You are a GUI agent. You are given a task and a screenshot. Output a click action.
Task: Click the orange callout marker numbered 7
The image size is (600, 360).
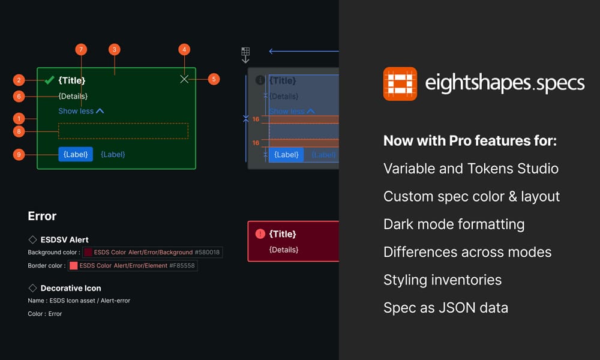pos(82,49)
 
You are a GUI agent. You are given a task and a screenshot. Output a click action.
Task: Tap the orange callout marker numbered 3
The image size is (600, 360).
pos(115,49)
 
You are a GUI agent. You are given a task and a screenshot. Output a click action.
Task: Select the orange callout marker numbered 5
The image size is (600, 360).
pos(214,79)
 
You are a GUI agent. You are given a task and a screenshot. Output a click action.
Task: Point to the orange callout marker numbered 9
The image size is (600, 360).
pos(19,154)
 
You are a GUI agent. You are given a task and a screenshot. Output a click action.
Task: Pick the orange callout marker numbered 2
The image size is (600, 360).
pos(19,80)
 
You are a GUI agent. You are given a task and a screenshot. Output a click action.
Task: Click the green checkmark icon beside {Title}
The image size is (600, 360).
pos(50,80)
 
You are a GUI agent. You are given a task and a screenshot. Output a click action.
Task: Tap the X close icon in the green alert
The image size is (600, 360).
pos(184,79)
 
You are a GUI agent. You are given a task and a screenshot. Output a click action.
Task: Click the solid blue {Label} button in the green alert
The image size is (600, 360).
pos(76,154)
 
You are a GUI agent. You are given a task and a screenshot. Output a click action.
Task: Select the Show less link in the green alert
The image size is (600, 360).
pos(81,111)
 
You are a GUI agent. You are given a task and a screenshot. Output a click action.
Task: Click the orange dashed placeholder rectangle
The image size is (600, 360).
pos(123,131)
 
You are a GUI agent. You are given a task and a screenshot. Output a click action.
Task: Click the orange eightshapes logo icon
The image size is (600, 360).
pos(400,83)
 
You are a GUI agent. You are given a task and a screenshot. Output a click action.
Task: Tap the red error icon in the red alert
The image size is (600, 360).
pos(260,234)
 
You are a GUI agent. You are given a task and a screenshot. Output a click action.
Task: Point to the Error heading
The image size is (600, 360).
pos(42,216)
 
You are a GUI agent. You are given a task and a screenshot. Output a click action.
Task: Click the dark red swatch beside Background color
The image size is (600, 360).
pos(88,253)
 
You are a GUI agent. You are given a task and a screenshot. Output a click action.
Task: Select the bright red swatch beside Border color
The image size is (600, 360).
pos(73,266)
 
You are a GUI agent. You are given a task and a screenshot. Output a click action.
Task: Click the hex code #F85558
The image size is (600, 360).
pos(182,266)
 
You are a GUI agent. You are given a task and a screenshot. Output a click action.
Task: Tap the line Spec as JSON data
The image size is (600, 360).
pos(445,308)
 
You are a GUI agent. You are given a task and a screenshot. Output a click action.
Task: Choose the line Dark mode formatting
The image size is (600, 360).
pos(454,224)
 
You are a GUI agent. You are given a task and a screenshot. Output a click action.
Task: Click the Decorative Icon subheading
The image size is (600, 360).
pos(71,288)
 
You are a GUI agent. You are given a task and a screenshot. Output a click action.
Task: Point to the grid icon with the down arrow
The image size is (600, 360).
pos(245,55)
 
